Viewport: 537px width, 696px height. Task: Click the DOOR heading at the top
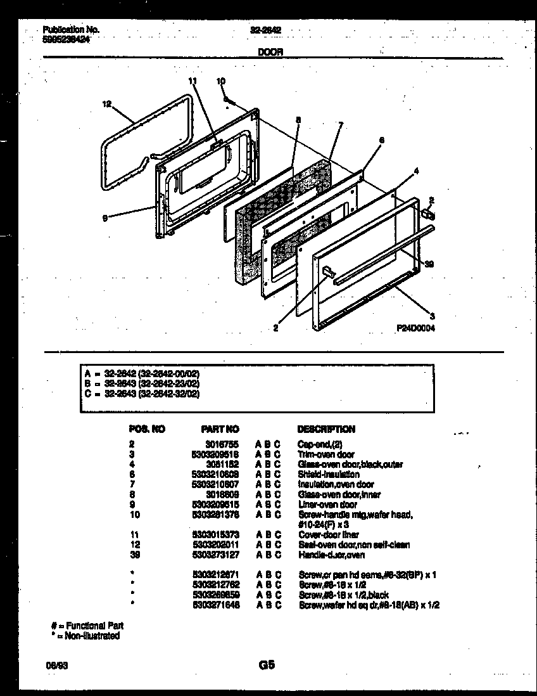pos(270,54)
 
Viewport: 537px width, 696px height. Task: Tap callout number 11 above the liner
pos(193,81)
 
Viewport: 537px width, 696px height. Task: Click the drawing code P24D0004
pos(415,328)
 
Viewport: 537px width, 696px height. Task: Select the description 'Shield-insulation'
pos(329,474)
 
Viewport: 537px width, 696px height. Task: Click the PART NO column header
pos(220,429)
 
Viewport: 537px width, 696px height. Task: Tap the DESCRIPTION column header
pos(326,429)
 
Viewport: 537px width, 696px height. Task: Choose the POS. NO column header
pos(146,429)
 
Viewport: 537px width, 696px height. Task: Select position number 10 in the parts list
pos(134,515)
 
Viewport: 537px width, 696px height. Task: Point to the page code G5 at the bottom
pos(266,666)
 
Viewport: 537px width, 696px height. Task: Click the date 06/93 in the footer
pos(54,666)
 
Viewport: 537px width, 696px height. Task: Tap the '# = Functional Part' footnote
pos(88,626)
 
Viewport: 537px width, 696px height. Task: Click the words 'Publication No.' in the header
pos(71,29)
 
